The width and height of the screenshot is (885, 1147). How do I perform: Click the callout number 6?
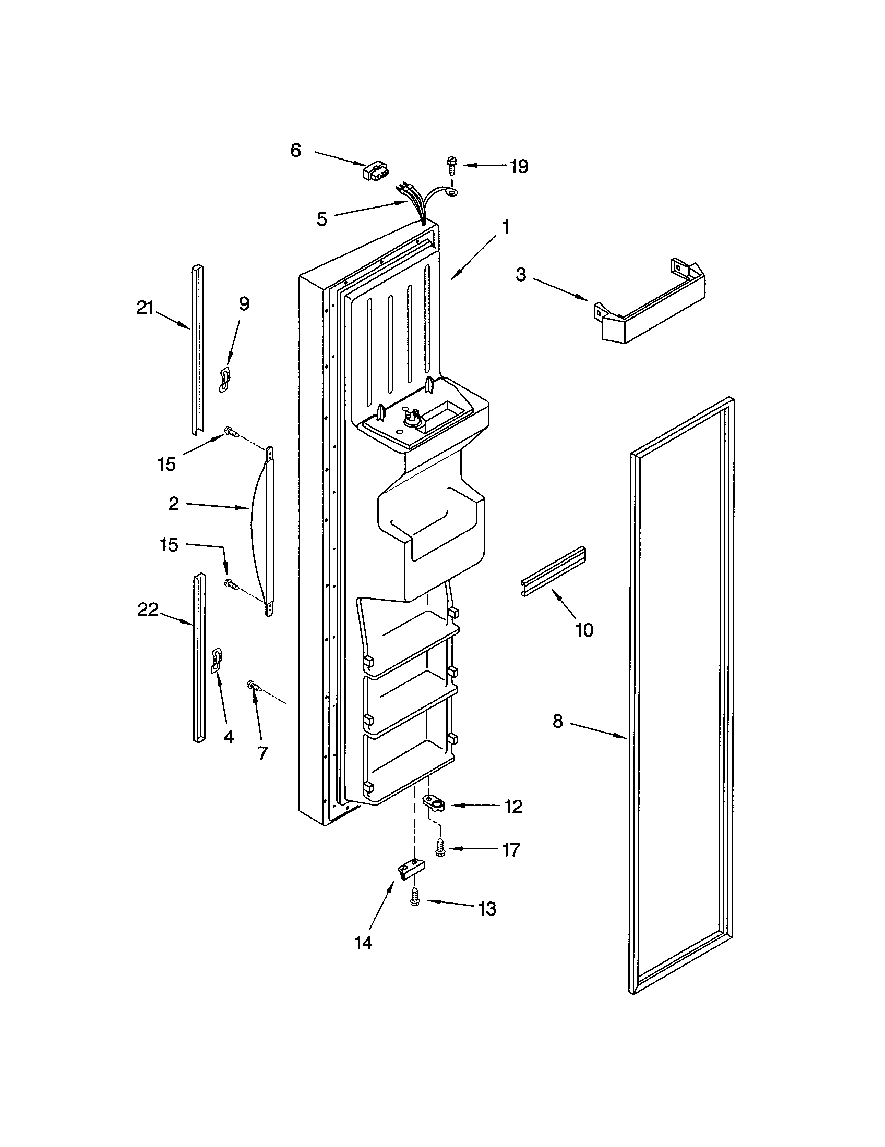[295, 151]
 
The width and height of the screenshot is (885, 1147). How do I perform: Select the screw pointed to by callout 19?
[451, 165]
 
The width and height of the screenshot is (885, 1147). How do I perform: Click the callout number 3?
[520, 275]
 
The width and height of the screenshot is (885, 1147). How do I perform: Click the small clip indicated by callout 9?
[225, 379]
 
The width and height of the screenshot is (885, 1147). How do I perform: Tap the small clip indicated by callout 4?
[216, 660]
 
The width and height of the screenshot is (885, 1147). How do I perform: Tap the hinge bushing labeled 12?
[435, 802]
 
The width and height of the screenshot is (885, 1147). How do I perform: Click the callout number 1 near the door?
[505, 227]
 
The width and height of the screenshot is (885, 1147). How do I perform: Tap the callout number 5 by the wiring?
[321, 219]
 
